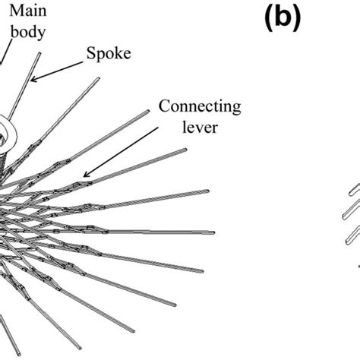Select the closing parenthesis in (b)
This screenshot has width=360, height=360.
[x=299, y=18]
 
